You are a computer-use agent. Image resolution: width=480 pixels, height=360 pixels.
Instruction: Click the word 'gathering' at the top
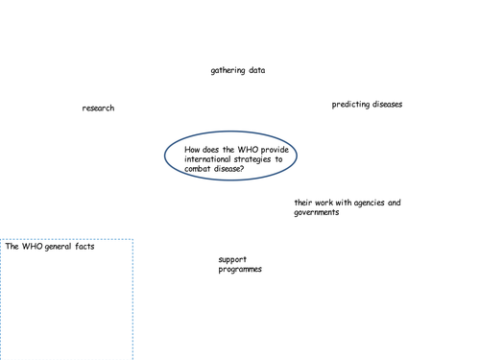click(x=228, y=70)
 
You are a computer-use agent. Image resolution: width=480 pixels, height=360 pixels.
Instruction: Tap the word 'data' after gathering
click(x=256, y=70)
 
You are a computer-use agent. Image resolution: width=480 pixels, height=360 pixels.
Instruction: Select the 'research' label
click(x=98, y=108)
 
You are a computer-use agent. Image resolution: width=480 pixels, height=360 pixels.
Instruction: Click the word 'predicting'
click(x=350, y=105)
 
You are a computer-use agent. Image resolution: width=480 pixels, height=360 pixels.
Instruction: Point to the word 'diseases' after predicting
click(x=387, y=105)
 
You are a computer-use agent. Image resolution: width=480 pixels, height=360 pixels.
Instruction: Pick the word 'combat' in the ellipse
click(x=199, y=169)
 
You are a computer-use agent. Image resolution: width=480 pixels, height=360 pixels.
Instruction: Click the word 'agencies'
click(x=367, y=203)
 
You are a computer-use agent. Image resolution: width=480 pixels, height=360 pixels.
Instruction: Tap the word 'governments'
click(x=317, y=212)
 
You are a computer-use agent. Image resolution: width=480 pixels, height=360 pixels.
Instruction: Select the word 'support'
click(x=232, y=259)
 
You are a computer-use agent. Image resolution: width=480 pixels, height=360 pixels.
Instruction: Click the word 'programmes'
click(x=240, y=269)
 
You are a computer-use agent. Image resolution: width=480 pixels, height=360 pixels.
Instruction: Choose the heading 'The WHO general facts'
click(x=50, y=247)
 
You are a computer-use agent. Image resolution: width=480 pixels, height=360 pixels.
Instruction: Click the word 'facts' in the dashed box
click(x=84, y=247)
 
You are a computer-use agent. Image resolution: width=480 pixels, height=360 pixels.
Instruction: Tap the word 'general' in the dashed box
click(x=59, y=247)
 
